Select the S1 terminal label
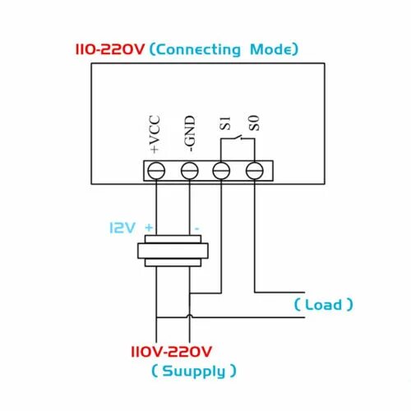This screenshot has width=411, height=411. tap(223, 127)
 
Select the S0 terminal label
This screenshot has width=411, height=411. tap(255, 127)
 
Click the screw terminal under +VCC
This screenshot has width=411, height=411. tap(156, 171)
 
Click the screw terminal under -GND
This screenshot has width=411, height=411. tap(189, 171)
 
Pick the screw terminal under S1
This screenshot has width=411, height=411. tap(222, 171)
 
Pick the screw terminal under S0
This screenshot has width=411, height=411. tap(255, 171)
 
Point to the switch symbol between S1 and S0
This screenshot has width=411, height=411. tap(238, 141)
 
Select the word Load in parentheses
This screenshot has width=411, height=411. tap(324, 305)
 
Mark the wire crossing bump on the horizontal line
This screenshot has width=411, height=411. tap(190, 316)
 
